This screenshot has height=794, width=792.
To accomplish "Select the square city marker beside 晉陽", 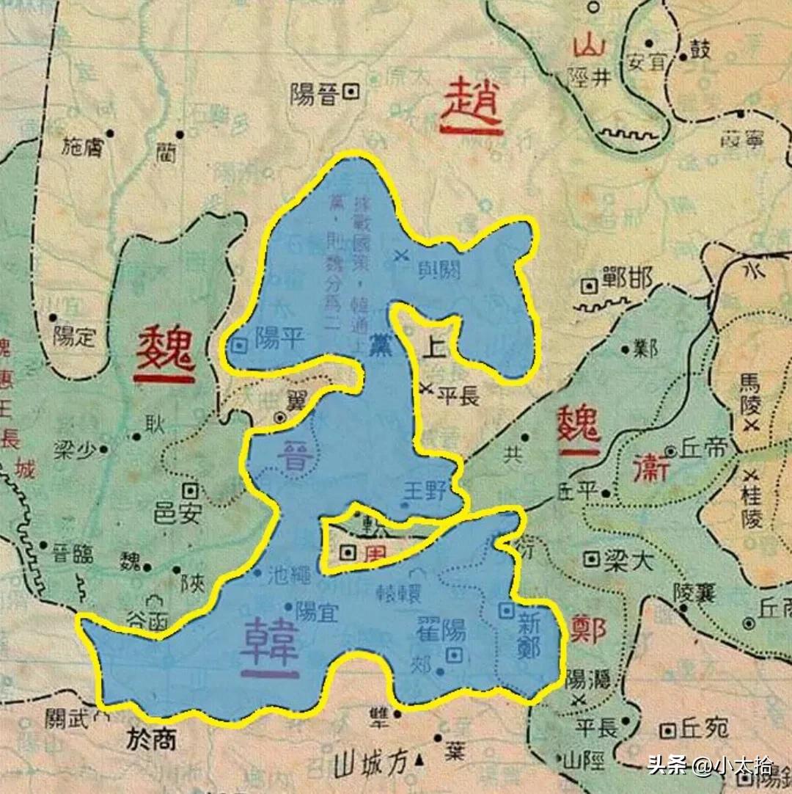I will point(351,92).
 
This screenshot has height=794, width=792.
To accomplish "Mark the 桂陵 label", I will point(752,499).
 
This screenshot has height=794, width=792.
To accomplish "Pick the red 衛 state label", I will point(650,467).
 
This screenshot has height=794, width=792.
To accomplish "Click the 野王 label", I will point(425,491).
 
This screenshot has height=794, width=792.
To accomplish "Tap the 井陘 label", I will point(591,77).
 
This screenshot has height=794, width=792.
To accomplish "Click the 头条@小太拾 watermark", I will point(710,767).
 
